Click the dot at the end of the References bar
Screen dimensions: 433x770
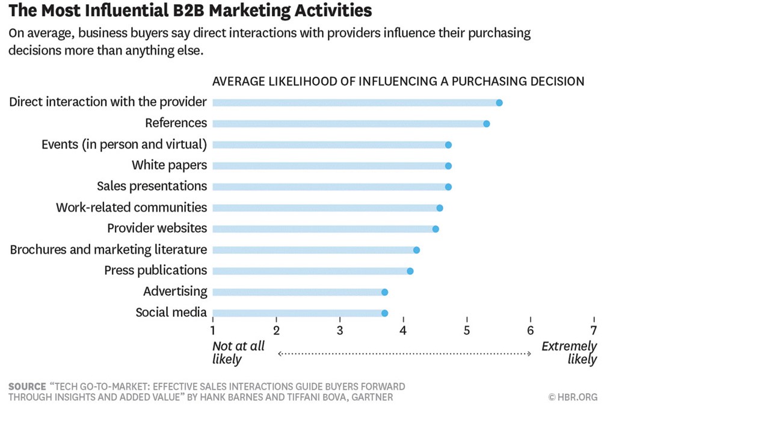(x=486, y=124)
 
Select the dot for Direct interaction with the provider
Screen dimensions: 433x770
(x=499, y=103)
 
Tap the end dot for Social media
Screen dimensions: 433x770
(x=384, y=313)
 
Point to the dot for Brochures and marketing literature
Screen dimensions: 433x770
(x=416, y=250)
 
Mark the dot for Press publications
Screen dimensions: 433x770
(x=410, y=271)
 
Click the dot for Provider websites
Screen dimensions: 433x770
(x=436, y=229)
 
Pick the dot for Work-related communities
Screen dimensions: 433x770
(x=440, y=208)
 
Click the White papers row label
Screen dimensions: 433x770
(x=169, y=165)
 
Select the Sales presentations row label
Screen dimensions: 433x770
(x=152, y=186)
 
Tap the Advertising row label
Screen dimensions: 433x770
(x=174, y=292)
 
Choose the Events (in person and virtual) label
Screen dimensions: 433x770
(x=124, y=144)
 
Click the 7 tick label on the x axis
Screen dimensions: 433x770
(x=594, y=330)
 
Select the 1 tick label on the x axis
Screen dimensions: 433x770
(x=213, y=330)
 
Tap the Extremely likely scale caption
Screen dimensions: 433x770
(x=570, y=353)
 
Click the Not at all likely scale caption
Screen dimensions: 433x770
(x=238, y=353)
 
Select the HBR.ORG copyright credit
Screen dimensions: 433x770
(x=573, y=397)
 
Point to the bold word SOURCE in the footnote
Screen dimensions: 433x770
(x=27, y=387)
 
